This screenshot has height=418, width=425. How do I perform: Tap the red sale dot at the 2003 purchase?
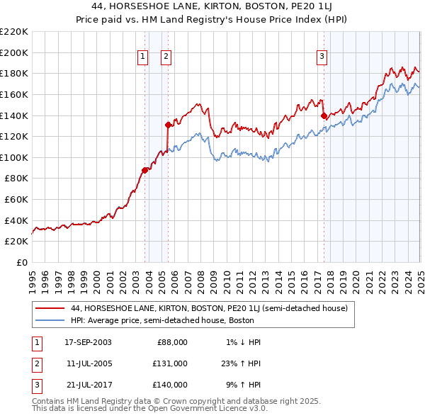pyautogui.click(x=144, y=170)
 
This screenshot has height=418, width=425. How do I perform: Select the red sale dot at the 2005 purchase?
pyautogui.click(x=168, y=125)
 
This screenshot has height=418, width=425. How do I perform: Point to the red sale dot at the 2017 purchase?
pyautogui.click(x=324, y=115)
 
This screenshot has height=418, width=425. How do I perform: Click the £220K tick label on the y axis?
pyautogui.click(x=15, y=32)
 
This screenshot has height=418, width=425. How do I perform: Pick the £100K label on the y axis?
pyautogui.click(x=15, y=157)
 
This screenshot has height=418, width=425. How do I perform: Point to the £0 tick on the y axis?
pyautogui.click(x=22, y=262)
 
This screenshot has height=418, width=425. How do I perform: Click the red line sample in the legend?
pyautogui.click(x=50, y=309)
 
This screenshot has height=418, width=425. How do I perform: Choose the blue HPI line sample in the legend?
pyautogui.click(x=50, y=320)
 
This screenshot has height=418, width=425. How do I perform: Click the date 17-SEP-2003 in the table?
pyautogui.click(x=88, y=342)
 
